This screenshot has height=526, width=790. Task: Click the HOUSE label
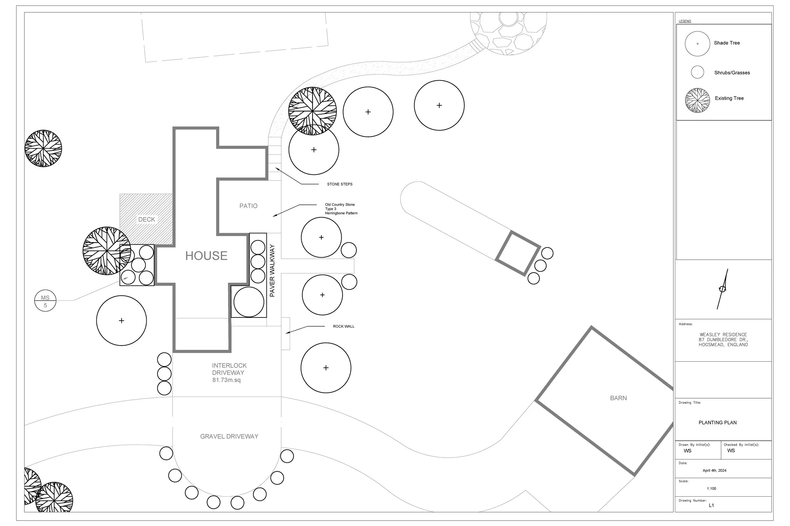pyautogui.click(x=206, y=256)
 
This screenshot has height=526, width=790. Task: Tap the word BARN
pyautogui.click(x=618, y=398)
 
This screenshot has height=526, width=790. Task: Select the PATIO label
pyautogui.click(x=248, y=206)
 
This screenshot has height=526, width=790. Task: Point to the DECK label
pyautogui.click(x=146, y=219)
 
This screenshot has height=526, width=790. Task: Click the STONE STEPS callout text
pyautogui.click(x=340, y=184)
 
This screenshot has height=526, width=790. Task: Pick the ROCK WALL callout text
pyautogui.click(x=343, y=326)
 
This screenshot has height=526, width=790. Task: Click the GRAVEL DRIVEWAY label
pyautogui.click(x=229, y=436)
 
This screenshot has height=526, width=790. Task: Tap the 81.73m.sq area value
pyautogui.click(x=226, y=380)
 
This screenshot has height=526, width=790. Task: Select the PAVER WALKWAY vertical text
pyautogui.click(x=272, y=270)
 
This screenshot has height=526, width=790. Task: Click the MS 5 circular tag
pyautogui.click(x=45, y=301)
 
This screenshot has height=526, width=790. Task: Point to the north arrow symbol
pyautogui.click(x=722, y=289)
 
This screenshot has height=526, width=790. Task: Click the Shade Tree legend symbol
pyautogui.click(x=697, y=44)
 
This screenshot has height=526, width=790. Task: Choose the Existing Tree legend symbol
pyautogui.click(x=697, y=100)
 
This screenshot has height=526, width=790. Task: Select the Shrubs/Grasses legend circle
pyautogui.click(x=697, y=72)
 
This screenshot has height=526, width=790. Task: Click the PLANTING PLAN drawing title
pyautogui.click(x=717, y=423)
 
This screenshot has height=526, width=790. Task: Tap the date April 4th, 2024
pyautogui.click(x=714, y=470)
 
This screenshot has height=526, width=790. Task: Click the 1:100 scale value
pyautogui.click(x=711, y=488)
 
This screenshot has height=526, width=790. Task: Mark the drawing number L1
pyautogui.click(x=711, y=505)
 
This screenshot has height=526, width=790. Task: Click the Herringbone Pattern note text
pyautogui.click(x=341, y=213)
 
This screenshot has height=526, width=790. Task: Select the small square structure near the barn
pyautogui.click(x=518, y=253)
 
